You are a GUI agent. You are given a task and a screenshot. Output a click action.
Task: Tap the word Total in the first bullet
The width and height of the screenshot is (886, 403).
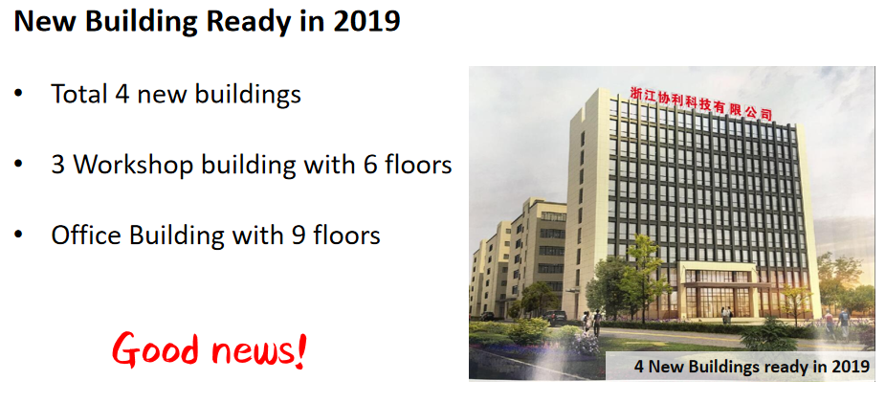pos(79,94)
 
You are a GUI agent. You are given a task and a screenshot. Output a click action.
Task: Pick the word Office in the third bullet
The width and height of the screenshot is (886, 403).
pos(86,235)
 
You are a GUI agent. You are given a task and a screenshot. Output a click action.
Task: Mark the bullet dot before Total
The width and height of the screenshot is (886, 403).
pos(18,94)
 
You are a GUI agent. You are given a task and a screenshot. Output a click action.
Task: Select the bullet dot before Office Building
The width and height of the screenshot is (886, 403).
pos(18,235)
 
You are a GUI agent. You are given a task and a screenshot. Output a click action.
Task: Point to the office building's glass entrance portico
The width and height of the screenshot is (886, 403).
pos(720,292)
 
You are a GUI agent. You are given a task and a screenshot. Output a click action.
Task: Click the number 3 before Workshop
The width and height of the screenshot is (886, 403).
pos(57,165)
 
